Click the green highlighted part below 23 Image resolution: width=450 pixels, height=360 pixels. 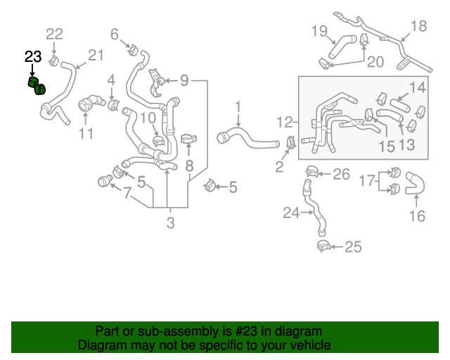tap(36, 86)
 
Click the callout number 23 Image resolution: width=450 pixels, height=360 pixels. tap(33, 57)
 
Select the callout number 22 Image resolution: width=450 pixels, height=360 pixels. tap(54, 33)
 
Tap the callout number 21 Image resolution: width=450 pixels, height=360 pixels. tap(96, 55)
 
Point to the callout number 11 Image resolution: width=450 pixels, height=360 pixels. tap(86, 134)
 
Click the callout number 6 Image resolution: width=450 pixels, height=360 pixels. tap(115, 33)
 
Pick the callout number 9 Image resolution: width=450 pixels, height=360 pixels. tap(185, 81)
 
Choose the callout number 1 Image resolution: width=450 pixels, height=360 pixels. tap(238, 106)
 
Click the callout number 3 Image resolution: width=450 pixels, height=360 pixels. tap(170, 224)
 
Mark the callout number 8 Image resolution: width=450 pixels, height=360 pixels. tap(189, 167)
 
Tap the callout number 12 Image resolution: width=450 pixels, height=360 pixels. tap(285, 122)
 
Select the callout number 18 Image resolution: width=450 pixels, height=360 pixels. tap(418, 26)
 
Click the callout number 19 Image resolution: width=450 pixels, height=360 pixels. tap(319, 30)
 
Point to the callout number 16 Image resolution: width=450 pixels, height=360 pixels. tap(418, 216)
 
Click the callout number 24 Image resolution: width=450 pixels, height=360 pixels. tap(291, 212)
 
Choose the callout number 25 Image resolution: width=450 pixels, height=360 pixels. tap(352, 246)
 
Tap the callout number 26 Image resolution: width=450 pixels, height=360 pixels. tap(341, 174)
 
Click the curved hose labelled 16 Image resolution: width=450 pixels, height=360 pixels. tap(416, 186)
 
